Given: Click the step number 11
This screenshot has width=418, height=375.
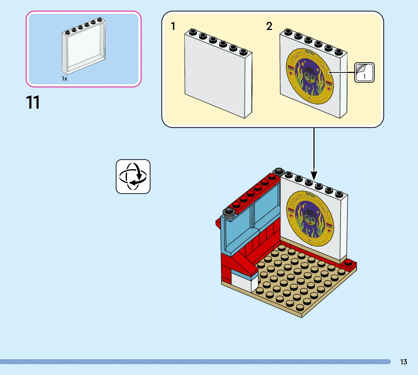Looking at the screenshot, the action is tap(33, 102).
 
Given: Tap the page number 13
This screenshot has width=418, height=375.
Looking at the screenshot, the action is tap(404, 362).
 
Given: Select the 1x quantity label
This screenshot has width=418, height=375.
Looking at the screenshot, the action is tap(65, 79).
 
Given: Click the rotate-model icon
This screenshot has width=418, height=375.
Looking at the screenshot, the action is tap(133, 176).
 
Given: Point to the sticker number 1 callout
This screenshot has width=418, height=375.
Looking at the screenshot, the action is tap(364, 73).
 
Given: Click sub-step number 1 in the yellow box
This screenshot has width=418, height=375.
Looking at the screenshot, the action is tap(173, 26).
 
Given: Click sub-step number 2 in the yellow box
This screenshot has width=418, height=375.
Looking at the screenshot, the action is tap(269, 26).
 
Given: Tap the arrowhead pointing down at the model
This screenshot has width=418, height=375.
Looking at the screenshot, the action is tap(314, 176).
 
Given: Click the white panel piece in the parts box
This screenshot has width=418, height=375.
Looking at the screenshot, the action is tap(84, 46).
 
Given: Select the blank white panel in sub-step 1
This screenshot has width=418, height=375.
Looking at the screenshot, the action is tap(218, 73).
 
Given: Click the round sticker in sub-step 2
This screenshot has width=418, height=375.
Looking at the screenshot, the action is tap(310, 76).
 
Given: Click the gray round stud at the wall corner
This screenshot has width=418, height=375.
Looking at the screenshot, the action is tap(279, 171).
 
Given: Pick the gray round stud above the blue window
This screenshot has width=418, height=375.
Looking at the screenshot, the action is tap(229, 212).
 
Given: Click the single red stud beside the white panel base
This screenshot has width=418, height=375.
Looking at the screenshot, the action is tap(348, 262).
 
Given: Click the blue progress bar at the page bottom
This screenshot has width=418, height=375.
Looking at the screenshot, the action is tap(195, 362).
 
